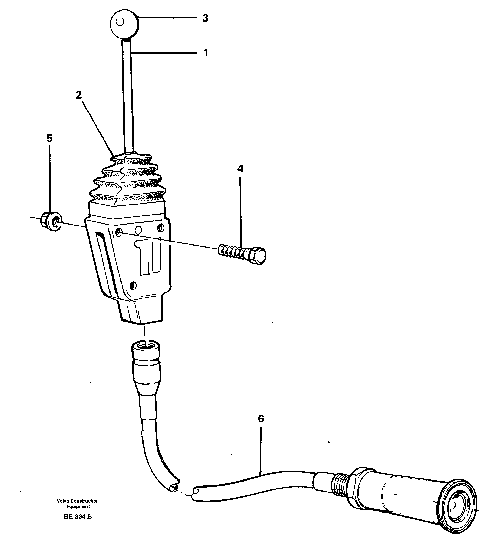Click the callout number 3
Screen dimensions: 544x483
coord(205,18)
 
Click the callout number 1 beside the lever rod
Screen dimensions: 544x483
coord(206,53)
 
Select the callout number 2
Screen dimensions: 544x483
coord(79,95)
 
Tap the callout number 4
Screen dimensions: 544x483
coord(240,169)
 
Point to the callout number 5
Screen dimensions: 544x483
coord(49,138)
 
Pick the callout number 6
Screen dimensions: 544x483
coord(261,419)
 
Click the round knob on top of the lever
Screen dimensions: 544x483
coord(125,23)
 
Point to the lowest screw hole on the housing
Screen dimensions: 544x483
coord(133,286)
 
